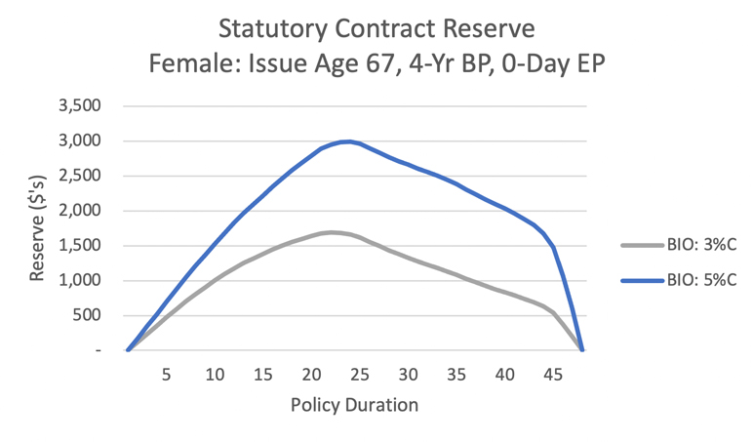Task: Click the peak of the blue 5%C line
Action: pos(348,141)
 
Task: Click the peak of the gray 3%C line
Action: pos(332,232)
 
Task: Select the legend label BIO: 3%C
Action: pos(701,245)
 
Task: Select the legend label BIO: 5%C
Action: pos(701,280)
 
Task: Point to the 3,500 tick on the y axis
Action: pos(80,105)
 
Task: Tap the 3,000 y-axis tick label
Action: pos(80,141)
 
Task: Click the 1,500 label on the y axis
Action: pos(80,246)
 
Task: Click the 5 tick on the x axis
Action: pos(166,375)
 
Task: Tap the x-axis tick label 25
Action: pos(360,375)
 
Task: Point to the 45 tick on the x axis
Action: pos(553,375)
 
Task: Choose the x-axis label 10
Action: pos(215,375)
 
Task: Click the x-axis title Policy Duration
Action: pos(354,405)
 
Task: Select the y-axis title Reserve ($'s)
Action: pos(37,228)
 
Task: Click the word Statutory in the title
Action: pos(273,29)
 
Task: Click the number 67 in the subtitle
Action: pos(381,63)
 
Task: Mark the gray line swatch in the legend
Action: pos(643,245)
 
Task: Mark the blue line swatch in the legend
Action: pos(643,280)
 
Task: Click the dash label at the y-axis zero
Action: pos(98,350)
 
